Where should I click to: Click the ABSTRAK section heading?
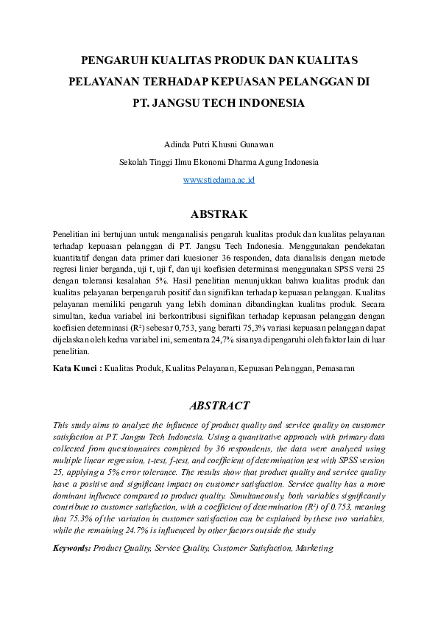[219, 214]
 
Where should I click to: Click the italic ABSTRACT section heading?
[219, 406]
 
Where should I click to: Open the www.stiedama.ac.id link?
[219, 180]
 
